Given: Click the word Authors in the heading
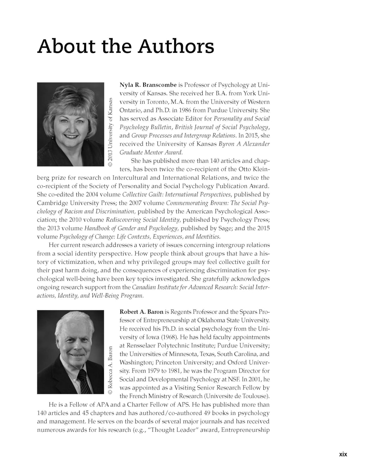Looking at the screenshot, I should pyautogui.click(x=176, y=46).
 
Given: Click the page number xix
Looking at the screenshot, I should pyautogui.click(x=343, y=454).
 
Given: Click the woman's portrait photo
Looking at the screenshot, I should pyautogui.click(x=70, y=124).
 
